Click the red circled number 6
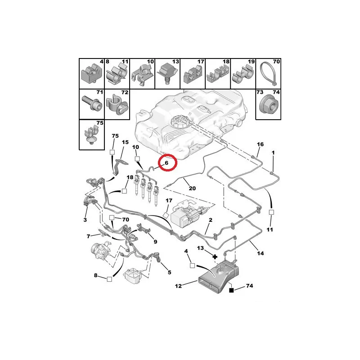tap(166, 163)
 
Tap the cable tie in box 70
tap(269, 75)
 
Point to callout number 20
tap(192, 188)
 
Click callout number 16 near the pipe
tap(260, 144)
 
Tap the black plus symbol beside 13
tap(215, 256)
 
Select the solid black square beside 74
tap(231, 290)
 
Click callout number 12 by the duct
tap(178, 286)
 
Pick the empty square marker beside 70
tap(112, 217)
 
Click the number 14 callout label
tap(261, 253)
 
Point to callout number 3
tap(85, 220)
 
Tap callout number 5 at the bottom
tap(170, 272)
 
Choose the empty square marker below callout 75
tap(112, 152)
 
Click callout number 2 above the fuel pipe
tap(211, 220)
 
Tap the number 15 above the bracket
tap(125, 142)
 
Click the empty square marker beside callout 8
tap(109, 279)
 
